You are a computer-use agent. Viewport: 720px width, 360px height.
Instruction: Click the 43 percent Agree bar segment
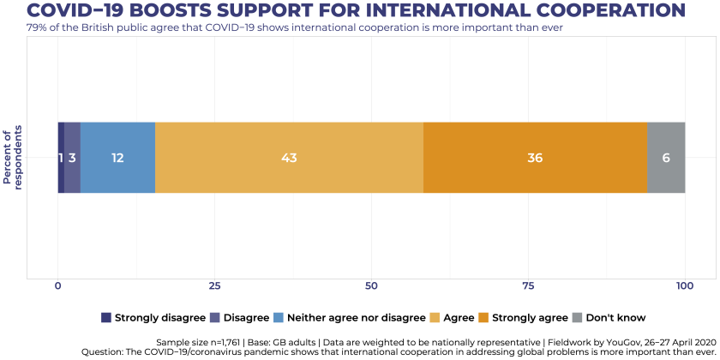coord(289,158)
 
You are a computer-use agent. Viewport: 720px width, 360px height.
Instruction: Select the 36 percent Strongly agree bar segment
coord(535,158)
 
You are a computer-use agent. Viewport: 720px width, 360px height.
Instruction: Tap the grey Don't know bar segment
coord(666,158)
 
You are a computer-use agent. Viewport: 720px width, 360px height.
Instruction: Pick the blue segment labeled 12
coord(117,158)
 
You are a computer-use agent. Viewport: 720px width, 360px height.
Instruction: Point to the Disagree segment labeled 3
coord(72,158)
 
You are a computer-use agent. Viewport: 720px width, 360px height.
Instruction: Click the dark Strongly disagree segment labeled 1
coord(61,158)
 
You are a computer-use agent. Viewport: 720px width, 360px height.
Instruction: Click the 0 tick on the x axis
coord(58,285)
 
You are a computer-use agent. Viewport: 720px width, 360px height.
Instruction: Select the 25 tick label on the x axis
coord(214,285)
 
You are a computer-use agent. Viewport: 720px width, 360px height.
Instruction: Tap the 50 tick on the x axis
coord(371,285)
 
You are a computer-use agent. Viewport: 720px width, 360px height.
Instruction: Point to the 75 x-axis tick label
coord(528,285)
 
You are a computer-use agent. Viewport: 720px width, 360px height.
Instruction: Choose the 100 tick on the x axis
coord(685,285)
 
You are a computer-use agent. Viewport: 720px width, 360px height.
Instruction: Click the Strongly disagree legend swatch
coord(106,317)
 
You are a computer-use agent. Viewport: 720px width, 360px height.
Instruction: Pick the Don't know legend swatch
coord(578,317)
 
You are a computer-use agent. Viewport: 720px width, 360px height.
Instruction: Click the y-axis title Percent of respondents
coord(13,158)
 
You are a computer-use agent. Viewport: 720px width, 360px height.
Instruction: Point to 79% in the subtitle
coord(38,27)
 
